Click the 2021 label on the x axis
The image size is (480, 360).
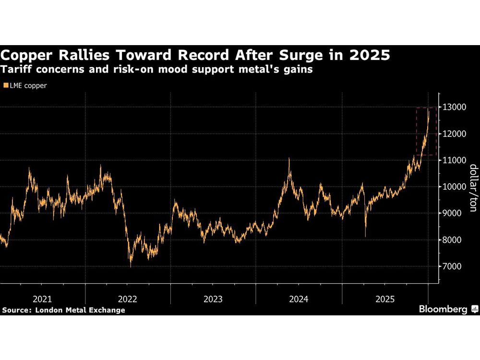pyautogui.click(x=42, y=299)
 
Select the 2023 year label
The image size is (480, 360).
pyautogui.click(x=213, y=299)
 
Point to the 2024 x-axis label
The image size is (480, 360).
pyautogui.click(x=298, y=299)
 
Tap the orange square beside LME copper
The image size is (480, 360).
pyautogui.click(x=5, y=86)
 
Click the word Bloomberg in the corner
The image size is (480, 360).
pyautogui.click(x=443, y=310)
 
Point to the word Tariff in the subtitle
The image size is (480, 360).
pyautogui.click(x=17, y=70)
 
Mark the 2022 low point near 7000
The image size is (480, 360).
pyautogui.click(x=131, y=266)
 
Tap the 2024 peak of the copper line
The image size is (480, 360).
pyautogui.click(x=289, y=158)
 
